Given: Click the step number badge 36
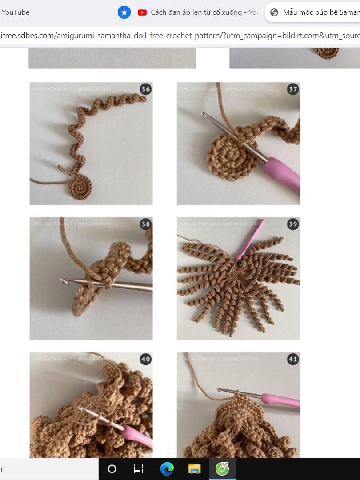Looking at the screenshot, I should point(145,89).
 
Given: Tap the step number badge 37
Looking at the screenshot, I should point(293,89).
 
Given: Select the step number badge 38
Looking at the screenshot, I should point(145,224).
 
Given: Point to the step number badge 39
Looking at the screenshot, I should point(293,224).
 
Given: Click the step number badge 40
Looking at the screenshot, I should point(145,359).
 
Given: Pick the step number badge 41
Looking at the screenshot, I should point(293,359).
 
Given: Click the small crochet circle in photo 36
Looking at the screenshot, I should point(81,187).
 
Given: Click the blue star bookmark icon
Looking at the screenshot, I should point(124,12).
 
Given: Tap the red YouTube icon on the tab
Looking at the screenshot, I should point(142,12).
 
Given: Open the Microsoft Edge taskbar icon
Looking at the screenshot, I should point(167,469).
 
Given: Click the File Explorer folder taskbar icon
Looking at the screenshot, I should point(194,469).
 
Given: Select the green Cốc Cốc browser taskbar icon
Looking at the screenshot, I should point(222,469).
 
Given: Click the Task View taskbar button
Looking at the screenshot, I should point(139,469).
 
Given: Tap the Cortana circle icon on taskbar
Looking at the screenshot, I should point(112,469).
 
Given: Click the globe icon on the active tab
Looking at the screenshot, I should point(274,12).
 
